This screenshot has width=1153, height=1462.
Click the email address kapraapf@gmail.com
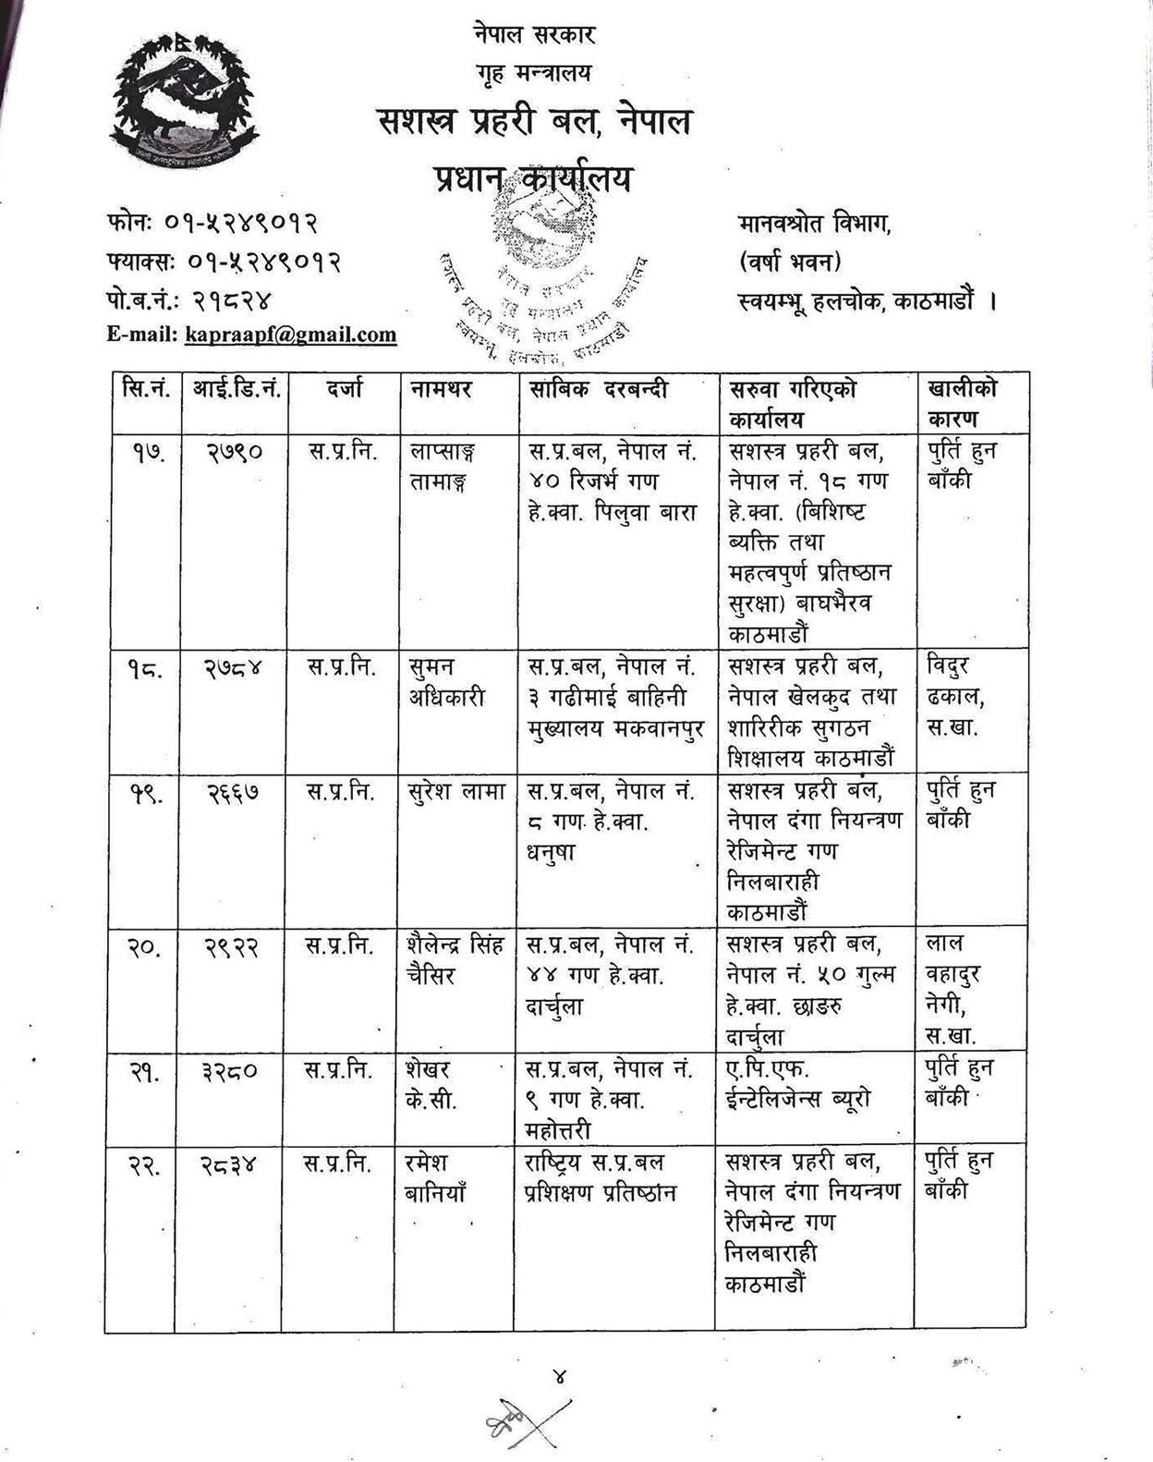[x=290, y=335]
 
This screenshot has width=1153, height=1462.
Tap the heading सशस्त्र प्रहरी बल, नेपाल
[x=535, y=121]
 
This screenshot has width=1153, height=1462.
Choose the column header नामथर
[x=442, y=390]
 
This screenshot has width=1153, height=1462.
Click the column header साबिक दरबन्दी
[x=598, y=390]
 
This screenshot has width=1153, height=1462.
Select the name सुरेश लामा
[x=455, y=792]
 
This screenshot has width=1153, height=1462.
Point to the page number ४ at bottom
[x=560, y=1378]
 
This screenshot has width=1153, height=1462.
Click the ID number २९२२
[x=232, y=946]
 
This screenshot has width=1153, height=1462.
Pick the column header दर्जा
[x=345, y=390]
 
